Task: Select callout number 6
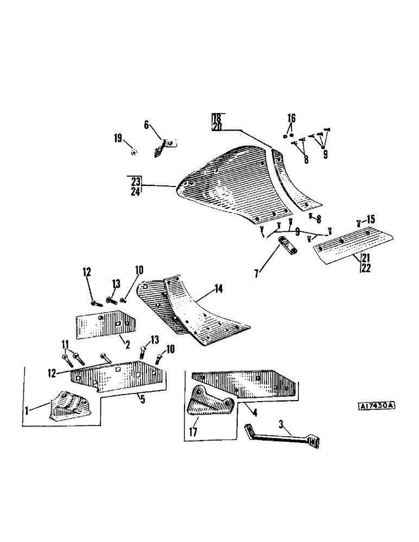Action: point(146,125)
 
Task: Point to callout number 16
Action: point(291,118)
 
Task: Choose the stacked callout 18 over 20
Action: point(217,122)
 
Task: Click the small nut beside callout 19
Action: point(135,152)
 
